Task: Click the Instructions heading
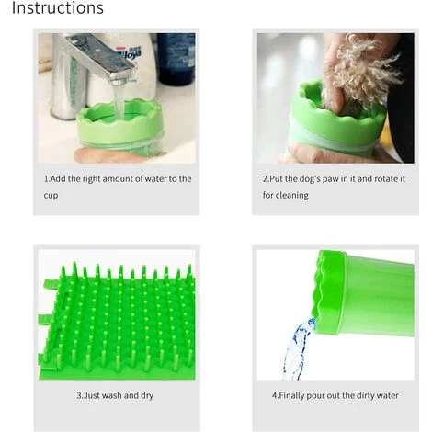tap(58, 7)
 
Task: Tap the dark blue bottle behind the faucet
tap(176, 59)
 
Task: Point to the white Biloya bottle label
tap(130, 54)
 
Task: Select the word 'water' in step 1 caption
tap(155, 178)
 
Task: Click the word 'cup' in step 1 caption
tap(51, 196)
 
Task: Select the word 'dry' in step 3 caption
tap(147, 396)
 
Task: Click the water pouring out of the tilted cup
tap(297, 349)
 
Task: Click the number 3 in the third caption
tap(79, 395)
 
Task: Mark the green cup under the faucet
tap(119, 126)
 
